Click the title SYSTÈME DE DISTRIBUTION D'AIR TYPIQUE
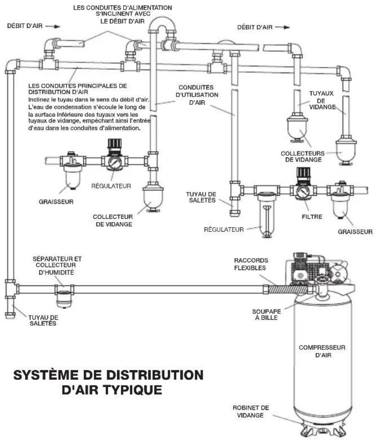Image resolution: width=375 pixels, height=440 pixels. click(108, 382)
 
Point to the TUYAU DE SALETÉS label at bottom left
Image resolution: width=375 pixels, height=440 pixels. click(43, 320)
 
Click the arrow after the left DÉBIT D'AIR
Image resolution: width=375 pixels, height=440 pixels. click(50, 26)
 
